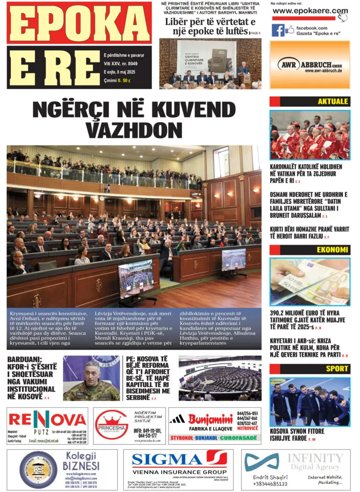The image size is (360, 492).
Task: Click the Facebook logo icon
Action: point(278,30)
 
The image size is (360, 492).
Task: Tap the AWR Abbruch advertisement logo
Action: point(310,65)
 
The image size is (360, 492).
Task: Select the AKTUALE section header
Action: point(333,101)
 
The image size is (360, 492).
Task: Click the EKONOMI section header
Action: point(332,250)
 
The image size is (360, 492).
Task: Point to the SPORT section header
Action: point(337,369)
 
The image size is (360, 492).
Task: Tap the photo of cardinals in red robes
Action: point(309,135)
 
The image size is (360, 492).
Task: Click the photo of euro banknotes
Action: point(309,281)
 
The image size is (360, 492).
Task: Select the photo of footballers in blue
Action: point(309,401)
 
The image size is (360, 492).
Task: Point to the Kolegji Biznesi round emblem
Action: point(38,470)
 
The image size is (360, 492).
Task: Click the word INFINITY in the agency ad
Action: point(315,458)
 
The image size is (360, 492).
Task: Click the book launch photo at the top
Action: point(210,63)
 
